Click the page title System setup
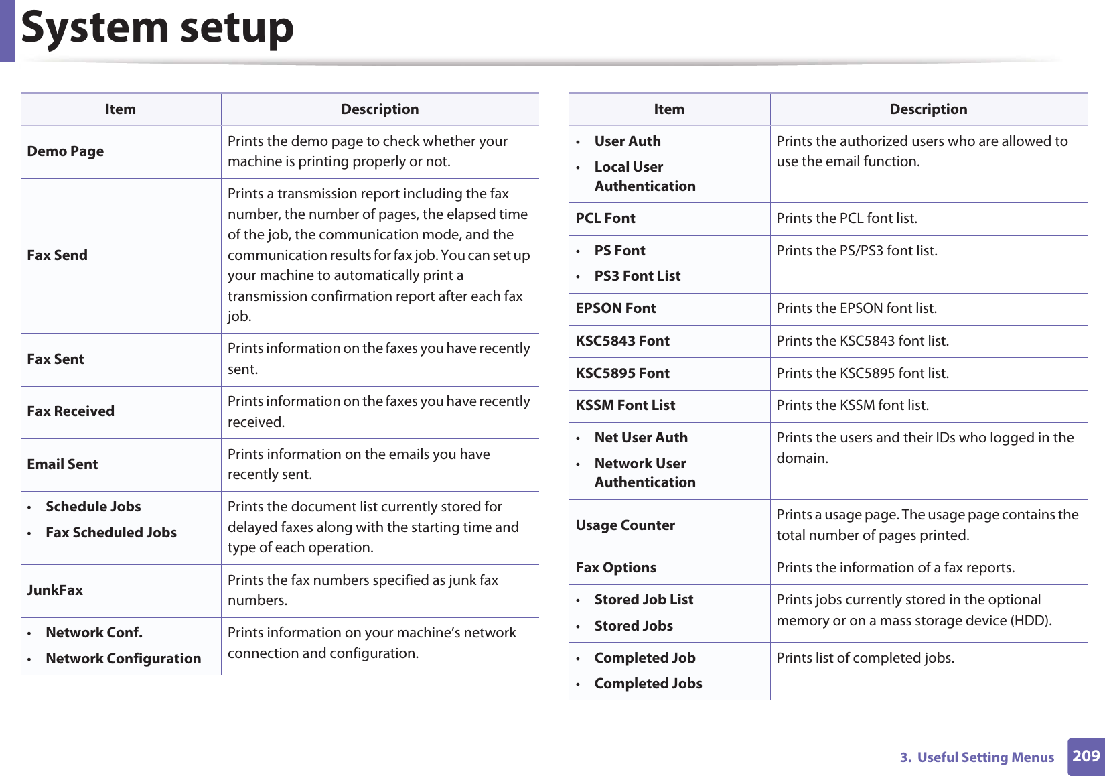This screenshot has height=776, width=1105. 157,27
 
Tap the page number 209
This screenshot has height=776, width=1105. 1086,756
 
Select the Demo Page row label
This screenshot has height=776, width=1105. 66,151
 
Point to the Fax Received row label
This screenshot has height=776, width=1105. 71,411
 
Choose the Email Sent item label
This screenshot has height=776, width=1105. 62,464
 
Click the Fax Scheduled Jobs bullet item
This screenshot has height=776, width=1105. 111,533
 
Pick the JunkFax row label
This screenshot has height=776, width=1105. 55,590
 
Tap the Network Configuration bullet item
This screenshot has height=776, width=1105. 123,659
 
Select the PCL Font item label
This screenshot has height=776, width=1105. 605,218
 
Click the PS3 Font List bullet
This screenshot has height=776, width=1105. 637,276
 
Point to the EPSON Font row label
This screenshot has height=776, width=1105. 615,308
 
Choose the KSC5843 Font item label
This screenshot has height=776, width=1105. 622,341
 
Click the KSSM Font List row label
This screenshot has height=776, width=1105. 625,405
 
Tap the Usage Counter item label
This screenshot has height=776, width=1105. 625,525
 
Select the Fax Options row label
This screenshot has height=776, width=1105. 615,568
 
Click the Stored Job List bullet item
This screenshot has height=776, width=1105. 644,600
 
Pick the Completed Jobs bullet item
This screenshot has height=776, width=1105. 648,684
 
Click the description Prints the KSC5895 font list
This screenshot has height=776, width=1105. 863,373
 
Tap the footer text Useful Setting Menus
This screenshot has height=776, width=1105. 985,757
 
